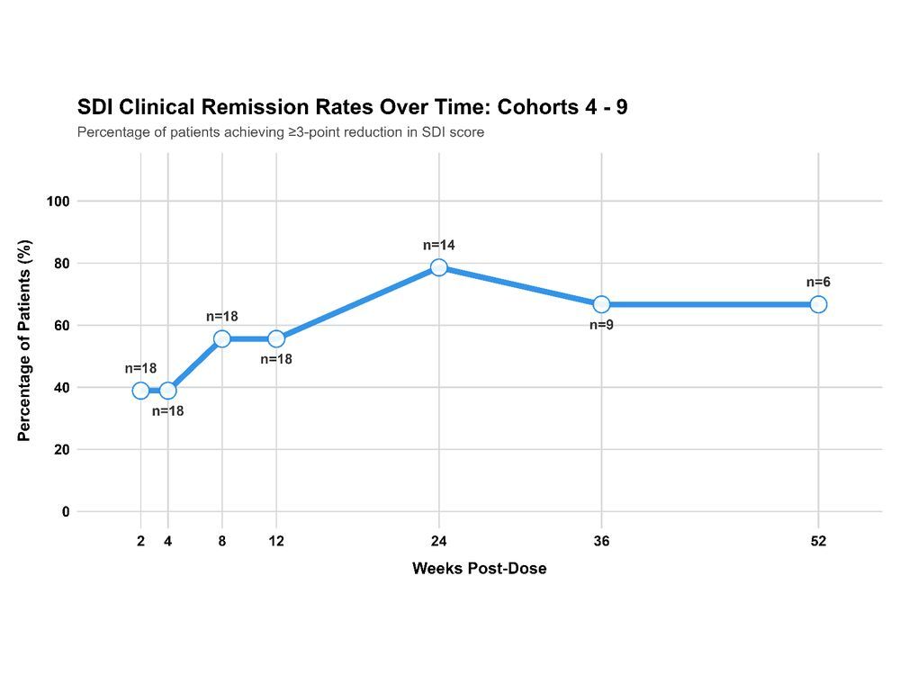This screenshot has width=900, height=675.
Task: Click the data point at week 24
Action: [438, 267]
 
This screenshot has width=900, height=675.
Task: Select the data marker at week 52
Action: [818, 304]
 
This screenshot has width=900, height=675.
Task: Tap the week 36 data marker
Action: [601, 304]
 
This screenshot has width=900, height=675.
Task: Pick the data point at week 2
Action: [140, 391]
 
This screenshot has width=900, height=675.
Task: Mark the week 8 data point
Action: [222, 338]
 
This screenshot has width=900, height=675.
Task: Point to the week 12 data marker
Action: [276, 338]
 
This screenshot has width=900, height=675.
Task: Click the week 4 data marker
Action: [168, 391]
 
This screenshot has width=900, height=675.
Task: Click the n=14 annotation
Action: [439, 245]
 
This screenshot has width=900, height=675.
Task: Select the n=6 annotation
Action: [818, 283]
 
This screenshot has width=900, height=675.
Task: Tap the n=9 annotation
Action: [601, 325]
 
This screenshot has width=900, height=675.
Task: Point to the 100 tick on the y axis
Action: [58, 202]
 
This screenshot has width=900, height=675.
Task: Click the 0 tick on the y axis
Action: [65, 512]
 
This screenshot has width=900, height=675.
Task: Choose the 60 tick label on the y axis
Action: [61, 326]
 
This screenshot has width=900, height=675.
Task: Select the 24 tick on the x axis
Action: [438, 542]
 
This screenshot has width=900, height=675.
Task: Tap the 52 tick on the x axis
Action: [818, 542]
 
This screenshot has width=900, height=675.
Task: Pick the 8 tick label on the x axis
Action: [222, 542]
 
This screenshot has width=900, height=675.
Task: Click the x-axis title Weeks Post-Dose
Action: [479, 569]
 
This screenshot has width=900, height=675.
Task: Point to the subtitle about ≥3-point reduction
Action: [281, 133]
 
